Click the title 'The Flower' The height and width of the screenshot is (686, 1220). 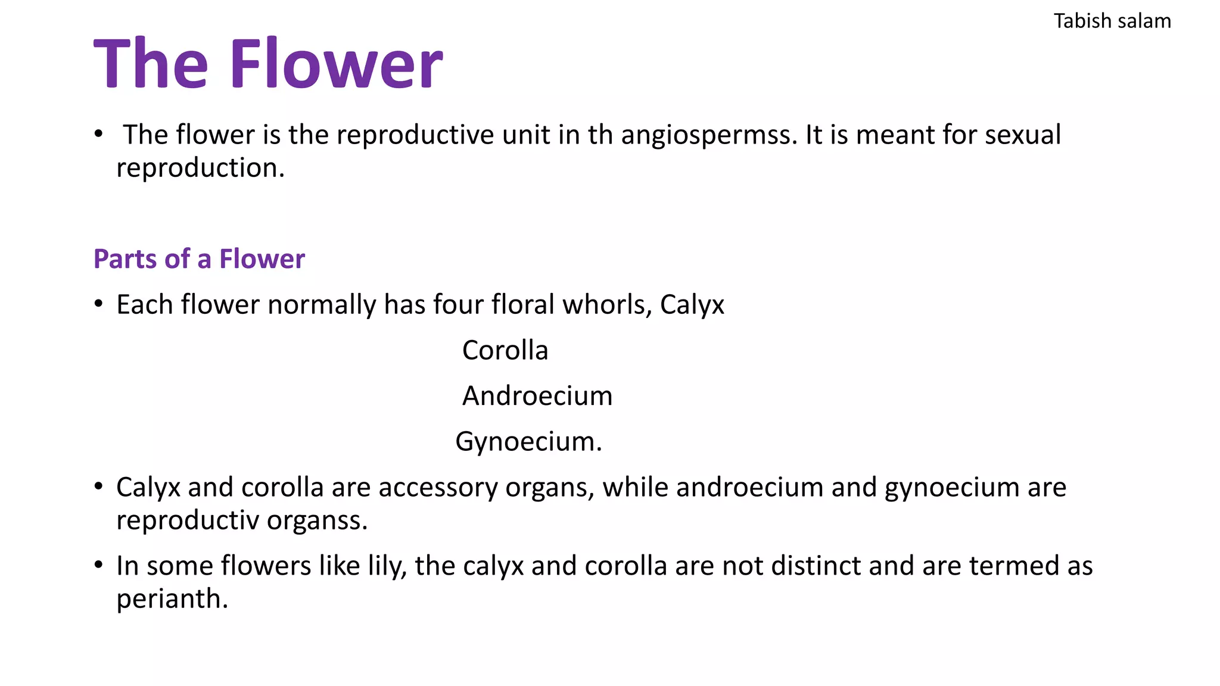tap(268, 63)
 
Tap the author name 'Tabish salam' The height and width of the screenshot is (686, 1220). tap(1112, 21)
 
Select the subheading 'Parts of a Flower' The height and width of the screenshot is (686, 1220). tap(199, 259)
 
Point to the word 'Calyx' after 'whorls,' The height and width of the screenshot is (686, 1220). tap(692, 305)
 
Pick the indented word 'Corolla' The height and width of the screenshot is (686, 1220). tap(505, 350)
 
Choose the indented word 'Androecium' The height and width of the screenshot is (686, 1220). tap(537, 396)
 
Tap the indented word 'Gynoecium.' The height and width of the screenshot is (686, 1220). tap(528, 442)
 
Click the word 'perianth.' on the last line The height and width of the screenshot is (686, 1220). tap(172, 599)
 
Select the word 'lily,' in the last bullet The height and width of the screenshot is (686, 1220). tap(387, 566)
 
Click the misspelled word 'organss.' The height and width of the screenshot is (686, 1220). tap(317, 520)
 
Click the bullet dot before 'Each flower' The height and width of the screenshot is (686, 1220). tap(99, 304)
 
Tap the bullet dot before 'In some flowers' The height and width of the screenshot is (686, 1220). tap(99, 565)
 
